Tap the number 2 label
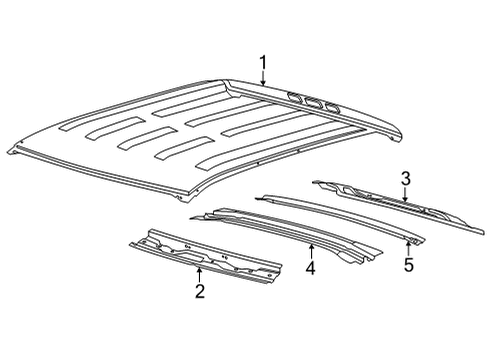pos(200,291)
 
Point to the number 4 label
pos(310,269)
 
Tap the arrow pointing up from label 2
pos(200,273)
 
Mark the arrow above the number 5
pos(408,247)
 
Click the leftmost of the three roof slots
pos(297,97)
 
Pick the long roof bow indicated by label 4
pos(300,232)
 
